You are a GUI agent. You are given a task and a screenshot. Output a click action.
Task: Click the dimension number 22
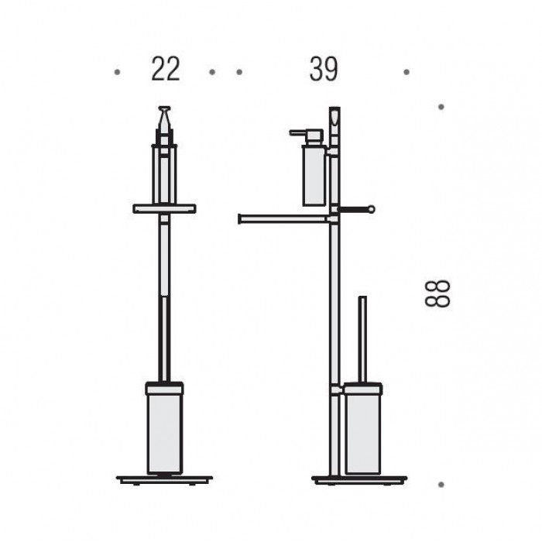point(166,69)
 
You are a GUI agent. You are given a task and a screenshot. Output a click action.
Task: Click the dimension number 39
point(323,69)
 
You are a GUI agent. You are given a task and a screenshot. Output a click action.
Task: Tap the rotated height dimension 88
point(437,293)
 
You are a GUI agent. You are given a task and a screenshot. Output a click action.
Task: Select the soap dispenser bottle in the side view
point(314,176)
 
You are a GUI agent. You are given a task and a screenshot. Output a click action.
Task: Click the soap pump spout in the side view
point(298,132)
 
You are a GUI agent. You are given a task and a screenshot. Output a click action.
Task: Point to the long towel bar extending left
point(283,219)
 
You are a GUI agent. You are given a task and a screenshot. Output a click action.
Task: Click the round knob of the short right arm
point(371,209)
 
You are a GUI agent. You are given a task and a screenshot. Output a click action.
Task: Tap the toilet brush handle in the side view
point(362,339)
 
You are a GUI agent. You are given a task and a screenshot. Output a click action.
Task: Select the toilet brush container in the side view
point(362,429)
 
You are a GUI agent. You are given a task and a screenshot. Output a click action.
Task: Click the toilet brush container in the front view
point(164,428)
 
